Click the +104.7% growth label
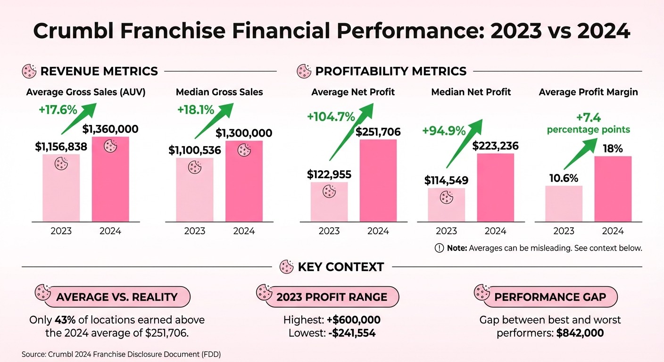[x=331, y=116]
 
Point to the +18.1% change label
[x=195, y=109]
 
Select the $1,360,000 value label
[x=110, y=129]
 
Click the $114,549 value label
[x=446, y=180]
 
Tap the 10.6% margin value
[x=564, y=178]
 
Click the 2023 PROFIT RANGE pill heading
[x=332, y=297]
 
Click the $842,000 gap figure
[x=580, y=333]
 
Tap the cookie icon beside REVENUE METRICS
[x=29, y=72]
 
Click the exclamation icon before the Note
[x=439, y=248]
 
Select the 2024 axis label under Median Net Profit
[x=495, y=231]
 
